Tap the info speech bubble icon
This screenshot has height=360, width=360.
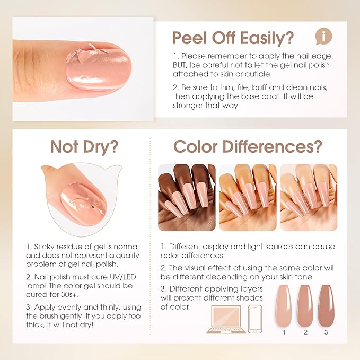[x=323, y=36]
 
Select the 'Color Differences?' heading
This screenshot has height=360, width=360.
[x=248, y=146]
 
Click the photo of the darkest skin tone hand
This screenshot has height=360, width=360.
[x=187, y=197]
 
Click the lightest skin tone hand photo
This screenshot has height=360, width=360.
[x=308, y=197]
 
